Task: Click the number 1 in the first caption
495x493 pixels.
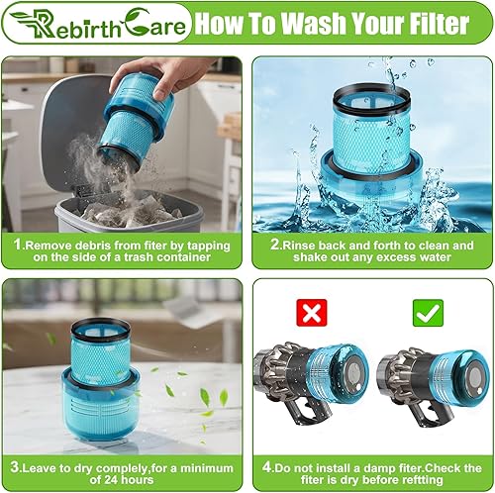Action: (16, 245)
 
